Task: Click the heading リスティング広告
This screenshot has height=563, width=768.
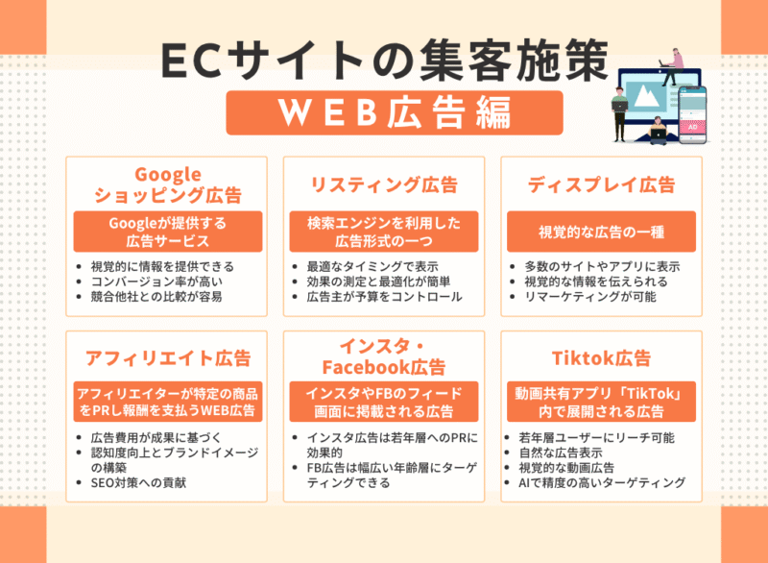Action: (383, 184)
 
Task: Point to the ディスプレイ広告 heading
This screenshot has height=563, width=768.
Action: (601, 184)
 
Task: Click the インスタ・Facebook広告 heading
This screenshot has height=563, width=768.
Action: (383, 356)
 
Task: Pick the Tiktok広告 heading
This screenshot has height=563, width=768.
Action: (601, 357)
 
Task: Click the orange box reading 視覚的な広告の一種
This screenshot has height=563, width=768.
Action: (601, 233)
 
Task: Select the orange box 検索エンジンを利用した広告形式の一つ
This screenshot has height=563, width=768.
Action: (383, 233)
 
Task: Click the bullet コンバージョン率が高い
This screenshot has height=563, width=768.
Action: (154, 281)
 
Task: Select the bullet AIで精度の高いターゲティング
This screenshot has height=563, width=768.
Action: (601, 482)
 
